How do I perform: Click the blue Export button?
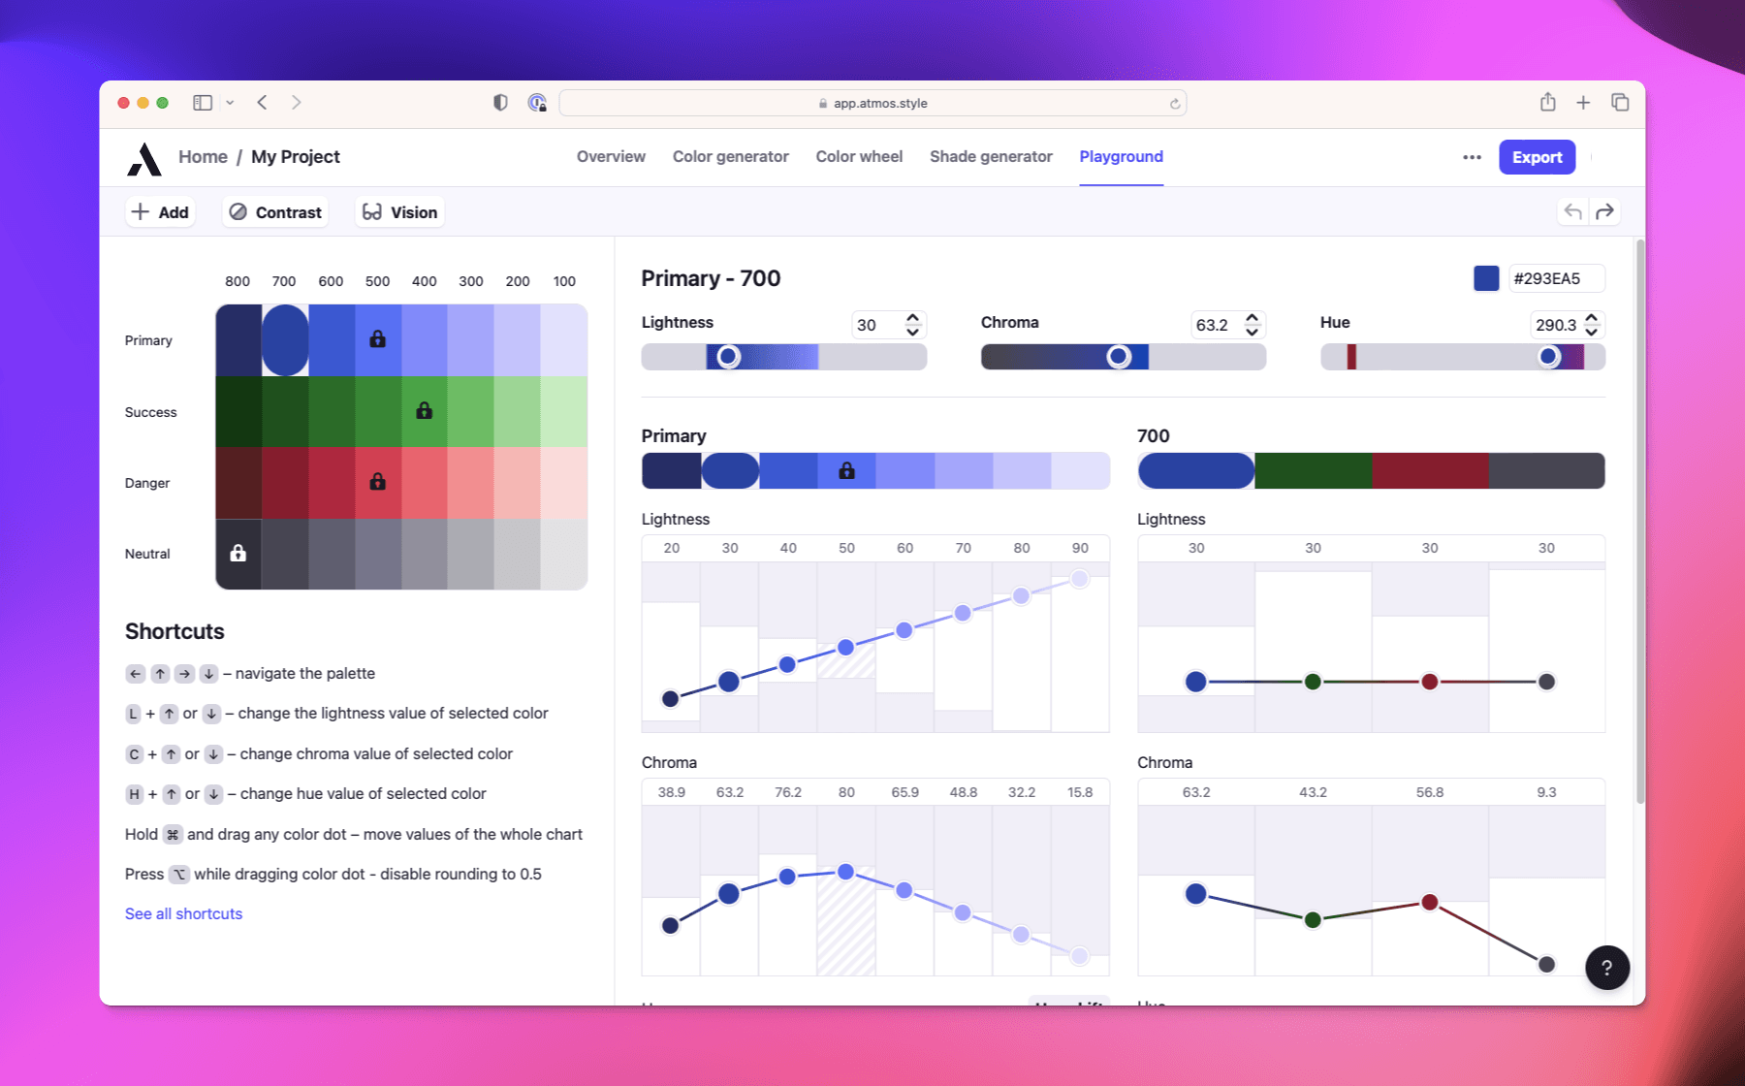(1537, 157)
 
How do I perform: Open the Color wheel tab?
(859, 157)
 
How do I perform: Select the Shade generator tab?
(990, 157)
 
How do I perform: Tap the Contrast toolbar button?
(276, 212)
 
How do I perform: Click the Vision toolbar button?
(399, 212)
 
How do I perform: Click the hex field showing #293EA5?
(1555, 278)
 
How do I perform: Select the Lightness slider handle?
(728, 357)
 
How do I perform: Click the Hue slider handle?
(1548, 357)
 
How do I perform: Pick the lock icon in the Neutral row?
(238, 554)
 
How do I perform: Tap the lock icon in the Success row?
(424, 411)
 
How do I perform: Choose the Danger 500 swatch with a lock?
(378, 482)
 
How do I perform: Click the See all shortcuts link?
(183, 913)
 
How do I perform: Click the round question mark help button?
(1606, 967)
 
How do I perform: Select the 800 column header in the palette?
(238, 281)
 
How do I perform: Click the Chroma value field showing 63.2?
(1212, 325)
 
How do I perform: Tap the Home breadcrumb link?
(203, 157)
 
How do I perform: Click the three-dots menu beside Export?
(1472, 157)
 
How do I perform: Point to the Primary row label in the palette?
(148, 340)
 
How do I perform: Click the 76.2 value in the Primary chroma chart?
(788, 792)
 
